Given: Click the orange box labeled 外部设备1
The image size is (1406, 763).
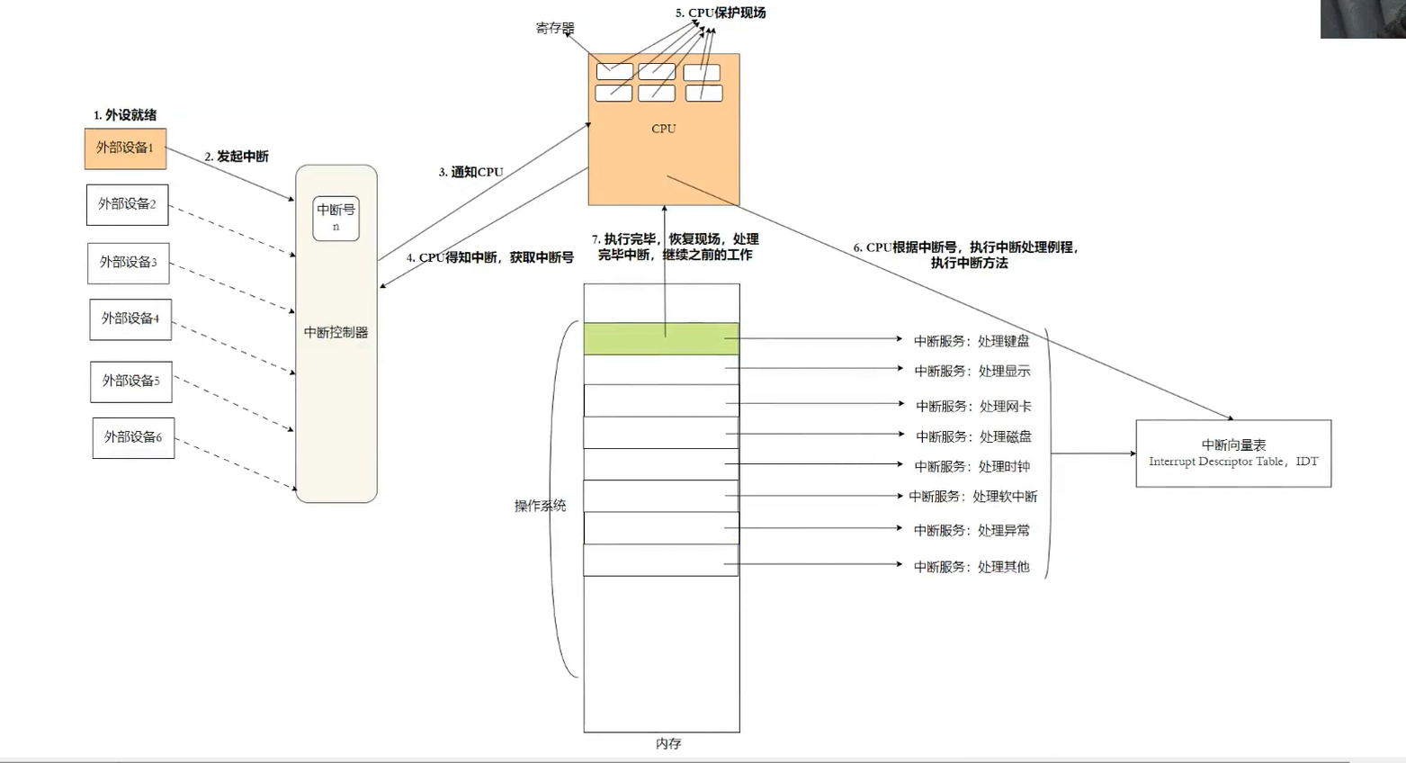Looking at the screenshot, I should pyautogui.click(x=125, y=148).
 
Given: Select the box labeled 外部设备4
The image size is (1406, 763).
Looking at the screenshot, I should pyautogui.click(x=130, y=319).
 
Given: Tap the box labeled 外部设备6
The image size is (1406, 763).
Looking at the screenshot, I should pyautogui.click(x=133, y=438).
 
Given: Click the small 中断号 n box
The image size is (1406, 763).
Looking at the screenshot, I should pyautogui.click(x=336, y=218).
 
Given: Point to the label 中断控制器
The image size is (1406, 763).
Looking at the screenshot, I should pyautogui.click(x=336, y=332).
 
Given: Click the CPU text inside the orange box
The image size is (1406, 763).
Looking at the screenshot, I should pyautogui.click(x=664, y=129).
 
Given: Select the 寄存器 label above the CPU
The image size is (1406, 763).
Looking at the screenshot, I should pyautogui.click(x=554, y=28).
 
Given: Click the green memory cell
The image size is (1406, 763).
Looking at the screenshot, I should pyautogui.click(x=660, y=338).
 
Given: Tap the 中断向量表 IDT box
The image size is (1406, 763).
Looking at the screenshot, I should pyautogui.click(x=1233, y=453).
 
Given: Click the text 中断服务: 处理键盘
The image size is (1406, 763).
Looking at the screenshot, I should pyautogui.click(x=972, y=341).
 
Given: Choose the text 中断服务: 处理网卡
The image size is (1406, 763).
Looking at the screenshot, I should pyautogui.click(x=973, y=407).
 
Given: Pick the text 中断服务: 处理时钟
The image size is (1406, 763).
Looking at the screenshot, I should pyautogui.click(x=972, y=466).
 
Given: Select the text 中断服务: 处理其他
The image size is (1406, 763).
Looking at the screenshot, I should pyautogui.click(x=972, y=567).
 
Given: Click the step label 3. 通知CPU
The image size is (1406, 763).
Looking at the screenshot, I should pyautogui.click(x=470, y=172).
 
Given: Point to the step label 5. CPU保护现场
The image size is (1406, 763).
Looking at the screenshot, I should pyautogui.click(x=721, y=13).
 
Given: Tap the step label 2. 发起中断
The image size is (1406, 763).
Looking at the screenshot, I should pyautogui.click(x=236, y=157).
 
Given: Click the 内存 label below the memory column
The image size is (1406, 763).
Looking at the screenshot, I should pyautogui.click(x=668, y=743).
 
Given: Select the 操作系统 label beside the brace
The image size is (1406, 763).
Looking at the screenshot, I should pyautogui.click(x=540, y=506).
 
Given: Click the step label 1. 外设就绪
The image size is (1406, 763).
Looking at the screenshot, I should pyautogui.click(x=125, y=115).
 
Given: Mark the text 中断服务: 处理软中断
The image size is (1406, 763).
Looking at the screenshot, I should pyautogui.click(x=972, y=497).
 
